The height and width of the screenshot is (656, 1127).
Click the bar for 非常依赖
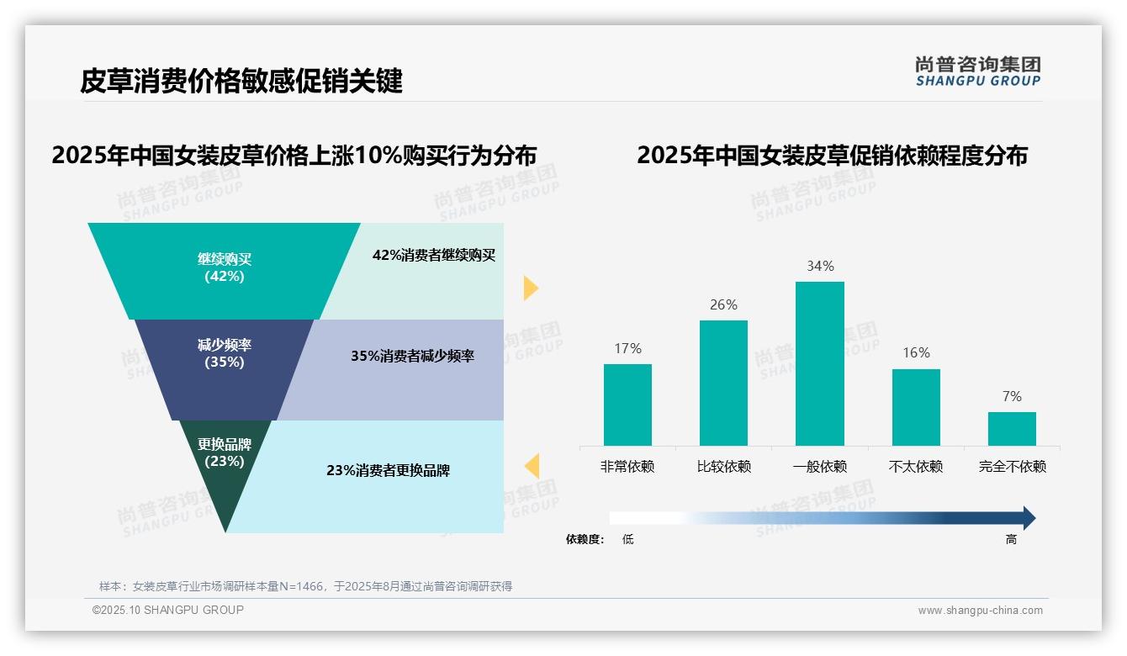click(627, 405)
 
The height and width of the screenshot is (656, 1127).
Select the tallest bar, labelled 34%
click(819, 363)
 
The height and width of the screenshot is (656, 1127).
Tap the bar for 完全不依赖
click(1012, 429)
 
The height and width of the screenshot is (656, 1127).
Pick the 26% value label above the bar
click(723, 304)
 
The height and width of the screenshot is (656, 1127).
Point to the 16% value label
click(916, 353)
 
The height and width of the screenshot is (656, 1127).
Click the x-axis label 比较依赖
click(723, 467)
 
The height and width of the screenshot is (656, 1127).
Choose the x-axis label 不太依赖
click(916, 467)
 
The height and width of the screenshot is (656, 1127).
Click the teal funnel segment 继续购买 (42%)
click(224, 269)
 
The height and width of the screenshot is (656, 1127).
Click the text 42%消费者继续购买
click(434, 256)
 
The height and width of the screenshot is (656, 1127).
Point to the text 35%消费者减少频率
click(412, 357)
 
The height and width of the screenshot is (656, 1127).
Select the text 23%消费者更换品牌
click(388, 471)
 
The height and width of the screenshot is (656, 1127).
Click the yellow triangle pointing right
click(530, 288)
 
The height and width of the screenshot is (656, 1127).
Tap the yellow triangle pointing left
click(532, 466)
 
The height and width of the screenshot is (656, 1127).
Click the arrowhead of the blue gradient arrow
click(1028, 518)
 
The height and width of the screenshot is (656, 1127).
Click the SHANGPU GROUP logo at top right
click(978, 71)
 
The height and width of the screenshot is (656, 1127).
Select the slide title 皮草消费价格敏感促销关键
click(241, 81)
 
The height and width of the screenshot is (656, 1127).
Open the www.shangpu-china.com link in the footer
click(980, 611)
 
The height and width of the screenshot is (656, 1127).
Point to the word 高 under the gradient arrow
click(1011, 540)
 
